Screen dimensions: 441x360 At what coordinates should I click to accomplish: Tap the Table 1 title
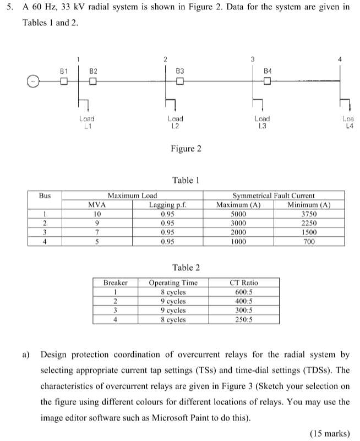pos(183,180)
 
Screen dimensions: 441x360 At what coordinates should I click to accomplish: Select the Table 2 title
pos(186,268)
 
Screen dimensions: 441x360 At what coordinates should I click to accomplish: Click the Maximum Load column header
pos(132,195)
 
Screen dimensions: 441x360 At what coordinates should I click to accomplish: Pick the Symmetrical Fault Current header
pos(274,195)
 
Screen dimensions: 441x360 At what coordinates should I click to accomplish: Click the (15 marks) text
pos(330,433)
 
